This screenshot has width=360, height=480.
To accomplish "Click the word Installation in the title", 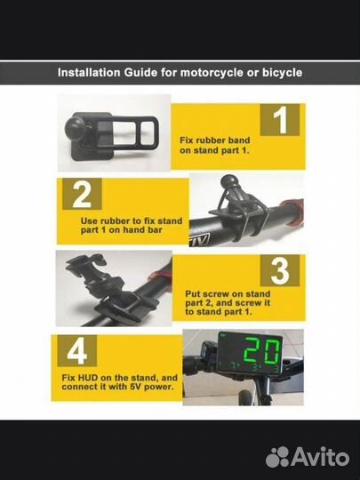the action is (x=89, y=73).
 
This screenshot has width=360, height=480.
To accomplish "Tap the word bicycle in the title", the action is (x=282, y=73).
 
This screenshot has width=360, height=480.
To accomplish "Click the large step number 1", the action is (x=280, y=120).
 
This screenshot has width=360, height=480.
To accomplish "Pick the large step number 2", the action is (x=82, y=194).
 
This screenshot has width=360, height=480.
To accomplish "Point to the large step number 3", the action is (x=280, y=270).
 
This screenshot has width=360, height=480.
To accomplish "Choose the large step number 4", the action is (x=76, y=350).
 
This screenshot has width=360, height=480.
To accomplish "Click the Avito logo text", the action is (x=320, y=457).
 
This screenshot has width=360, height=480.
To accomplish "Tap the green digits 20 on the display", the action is (x=263, y=350).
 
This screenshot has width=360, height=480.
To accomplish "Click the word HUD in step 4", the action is (x=87, y=378).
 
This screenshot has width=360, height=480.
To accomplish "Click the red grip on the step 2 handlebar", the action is (x=292, y=212).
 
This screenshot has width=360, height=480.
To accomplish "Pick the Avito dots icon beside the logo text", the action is (x=277, y=457).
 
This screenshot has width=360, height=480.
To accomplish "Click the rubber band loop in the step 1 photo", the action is (x=132, y=132).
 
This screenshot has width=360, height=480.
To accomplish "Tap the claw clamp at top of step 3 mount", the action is (x=85, y=262).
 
